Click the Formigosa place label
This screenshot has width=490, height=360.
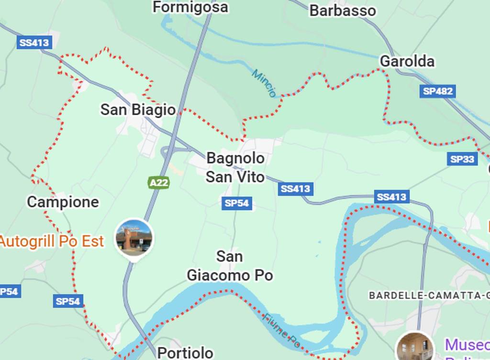point(190,7)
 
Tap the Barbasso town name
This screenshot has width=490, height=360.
point(342,11)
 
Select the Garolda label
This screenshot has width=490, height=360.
point(407,61)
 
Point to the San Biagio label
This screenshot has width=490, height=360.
point(138,109)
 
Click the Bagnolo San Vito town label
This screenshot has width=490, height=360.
point(235,167)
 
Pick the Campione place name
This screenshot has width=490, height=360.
point(63,202)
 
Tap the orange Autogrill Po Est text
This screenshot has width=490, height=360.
point(51,241)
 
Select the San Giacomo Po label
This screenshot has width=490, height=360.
point(230,266)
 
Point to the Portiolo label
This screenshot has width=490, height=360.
point(185,353)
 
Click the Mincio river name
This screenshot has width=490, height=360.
point(264,83)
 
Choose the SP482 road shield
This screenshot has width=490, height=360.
point(437,91)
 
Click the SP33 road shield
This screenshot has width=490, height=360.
point(462,159)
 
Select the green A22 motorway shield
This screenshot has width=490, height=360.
point(158,183)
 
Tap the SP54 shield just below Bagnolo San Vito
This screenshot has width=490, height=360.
point(236,203)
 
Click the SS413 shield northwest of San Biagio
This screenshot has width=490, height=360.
point(34,43)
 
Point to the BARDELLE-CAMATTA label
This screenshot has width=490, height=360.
point(429,295)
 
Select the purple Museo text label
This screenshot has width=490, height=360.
point(467,345)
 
